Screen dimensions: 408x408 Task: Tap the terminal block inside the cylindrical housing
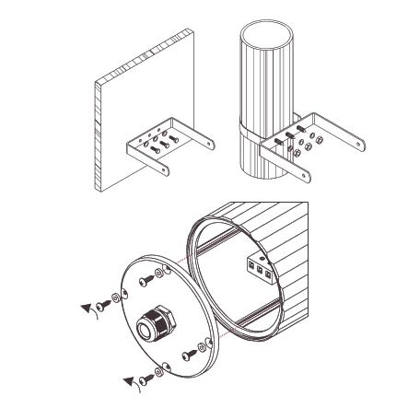(261, 269)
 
